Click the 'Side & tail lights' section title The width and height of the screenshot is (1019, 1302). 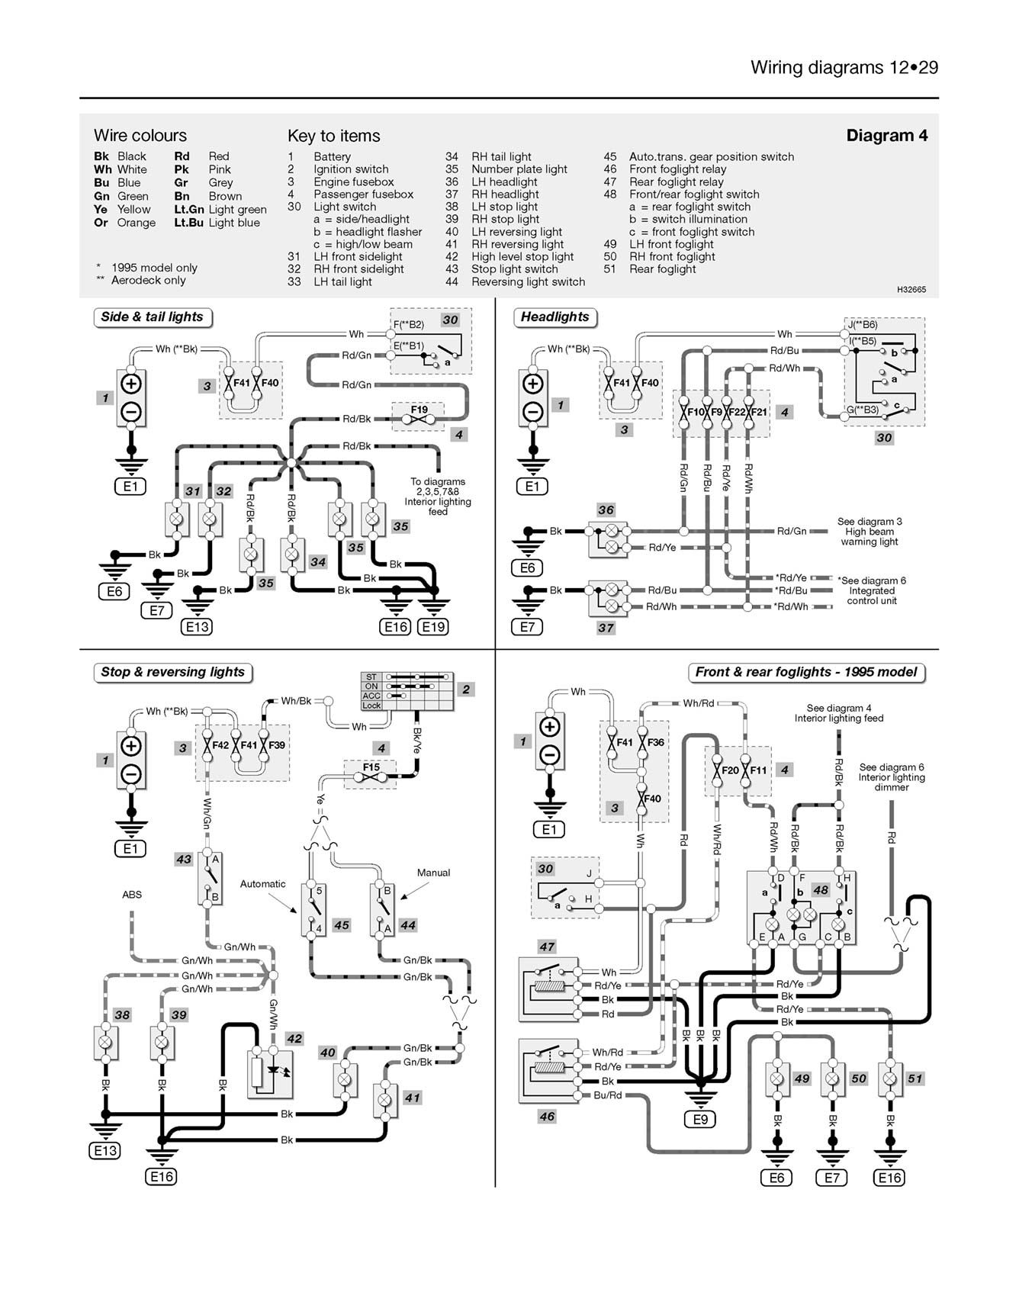pos(153,317)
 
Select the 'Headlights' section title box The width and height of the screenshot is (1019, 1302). pos(555,317)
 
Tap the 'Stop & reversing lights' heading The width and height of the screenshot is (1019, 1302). pos(173,673)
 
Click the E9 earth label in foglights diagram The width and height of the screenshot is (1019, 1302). pos(700,1120)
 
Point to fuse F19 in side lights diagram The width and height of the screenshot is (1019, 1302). pos(419,410)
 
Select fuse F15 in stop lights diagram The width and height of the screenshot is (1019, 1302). pos(371,767)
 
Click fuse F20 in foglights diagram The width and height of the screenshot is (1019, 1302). pos(730,770)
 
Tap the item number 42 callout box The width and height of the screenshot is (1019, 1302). pos(294,1039)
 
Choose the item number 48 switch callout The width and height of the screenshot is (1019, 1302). pos(821,890)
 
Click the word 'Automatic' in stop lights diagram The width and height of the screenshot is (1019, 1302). pos(262,884)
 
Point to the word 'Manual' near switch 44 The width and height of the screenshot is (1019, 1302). pos(433,873)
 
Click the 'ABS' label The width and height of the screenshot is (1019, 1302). pos(132,895)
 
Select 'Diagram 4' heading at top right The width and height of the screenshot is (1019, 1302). pos(887,136)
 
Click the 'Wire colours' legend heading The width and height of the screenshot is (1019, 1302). pos(140,136)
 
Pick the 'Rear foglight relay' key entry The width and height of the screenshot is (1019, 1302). pos(676,182)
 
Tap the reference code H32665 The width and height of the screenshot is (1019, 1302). pos(911,290)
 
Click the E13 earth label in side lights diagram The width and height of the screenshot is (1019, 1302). pos(196,627)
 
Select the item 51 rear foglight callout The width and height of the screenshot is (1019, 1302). pos(915,1079)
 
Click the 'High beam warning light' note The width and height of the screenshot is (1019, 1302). pos(870,532)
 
